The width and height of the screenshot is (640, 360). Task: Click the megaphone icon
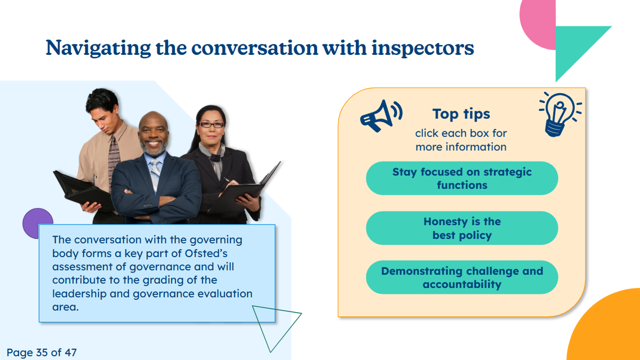(x=381, y=116)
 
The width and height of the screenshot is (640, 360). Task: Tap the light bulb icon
(x=559, y=114)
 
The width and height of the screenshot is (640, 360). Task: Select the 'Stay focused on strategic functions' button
(x=462, y=178)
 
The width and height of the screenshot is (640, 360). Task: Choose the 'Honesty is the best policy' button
(x=462, y=228)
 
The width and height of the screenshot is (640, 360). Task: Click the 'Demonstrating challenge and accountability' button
(x=462, y=277)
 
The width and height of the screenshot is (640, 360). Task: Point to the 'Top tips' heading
(x=461, y=114)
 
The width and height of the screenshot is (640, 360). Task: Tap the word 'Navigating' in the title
(x=98, y=47)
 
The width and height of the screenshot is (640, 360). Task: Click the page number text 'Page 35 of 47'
(x=42, y=353)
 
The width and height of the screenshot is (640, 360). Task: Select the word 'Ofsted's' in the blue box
(x=206, y=253)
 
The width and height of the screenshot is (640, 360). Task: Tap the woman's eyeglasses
(x=211, y=125)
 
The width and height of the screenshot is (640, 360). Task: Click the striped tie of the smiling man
(x=155, y=174)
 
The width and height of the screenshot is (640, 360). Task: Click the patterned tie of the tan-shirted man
(x=114, y=160)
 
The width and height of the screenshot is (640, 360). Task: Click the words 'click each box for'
(x=461, y=133)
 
